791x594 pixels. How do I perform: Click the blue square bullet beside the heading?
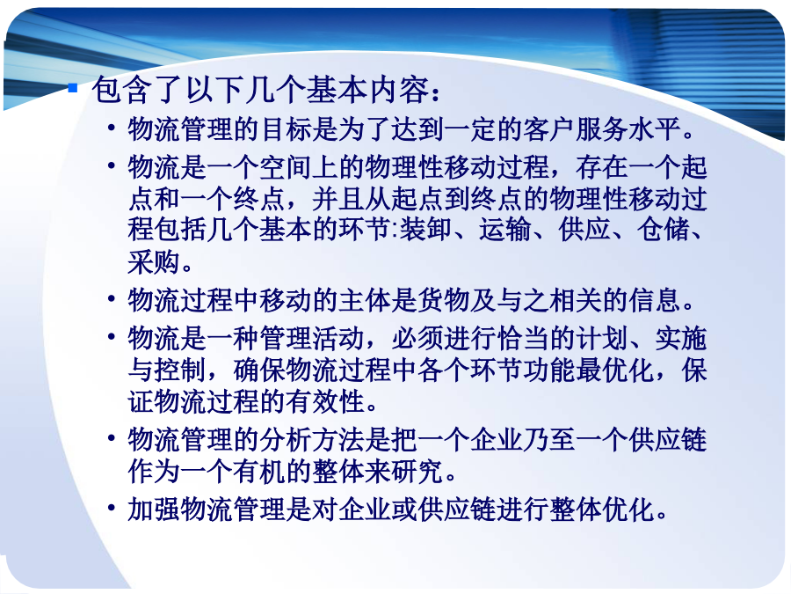(x=73, y=88)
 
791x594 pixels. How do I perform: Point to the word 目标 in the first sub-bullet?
(x=286, y=128)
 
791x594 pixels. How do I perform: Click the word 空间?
(x=286, y=167)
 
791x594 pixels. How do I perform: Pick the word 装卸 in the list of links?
(x=426, y=229)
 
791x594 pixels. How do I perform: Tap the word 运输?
(x=505, y=229)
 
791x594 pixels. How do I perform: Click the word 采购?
(x=154, y=262)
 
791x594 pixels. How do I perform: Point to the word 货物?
(x=444, y=300)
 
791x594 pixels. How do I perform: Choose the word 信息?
(x=654, y=300)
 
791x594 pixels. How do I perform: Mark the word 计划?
(x=602, y=339)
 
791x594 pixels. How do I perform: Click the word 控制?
(x=180, y=370)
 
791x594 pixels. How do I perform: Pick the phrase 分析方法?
(x=312, y=439)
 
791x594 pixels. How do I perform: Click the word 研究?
(x=417, y=472)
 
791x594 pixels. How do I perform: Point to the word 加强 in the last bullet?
(x=154, y=510)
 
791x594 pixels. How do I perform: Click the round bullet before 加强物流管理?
(x=112, y=507)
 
